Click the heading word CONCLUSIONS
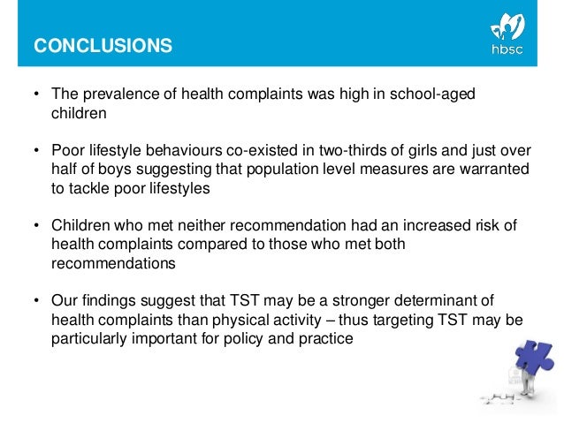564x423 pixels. [103, 47]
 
